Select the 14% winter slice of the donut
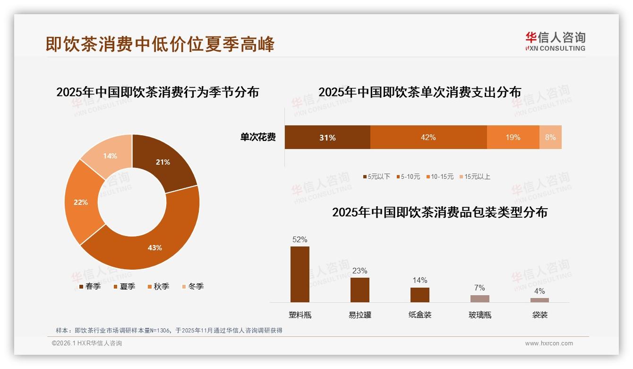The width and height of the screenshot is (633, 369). (110, 156)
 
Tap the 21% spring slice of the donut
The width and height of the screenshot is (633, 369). (163, 162)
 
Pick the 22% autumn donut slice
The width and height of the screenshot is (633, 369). (81, 202)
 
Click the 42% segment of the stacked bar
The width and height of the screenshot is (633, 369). (428, 137)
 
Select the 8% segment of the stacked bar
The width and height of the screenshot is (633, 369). (550, 137)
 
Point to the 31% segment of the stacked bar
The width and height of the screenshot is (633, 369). (327, 137)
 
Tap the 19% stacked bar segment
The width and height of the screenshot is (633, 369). (513, 137)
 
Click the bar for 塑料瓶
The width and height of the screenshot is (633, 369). (299, 274)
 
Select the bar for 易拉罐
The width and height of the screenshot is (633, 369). (359, 290)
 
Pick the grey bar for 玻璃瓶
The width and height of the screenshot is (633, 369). (479, 299)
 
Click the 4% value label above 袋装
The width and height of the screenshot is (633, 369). (539, 291)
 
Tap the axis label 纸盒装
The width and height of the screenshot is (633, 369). (419, 315)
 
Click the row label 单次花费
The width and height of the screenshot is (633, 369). (258, 137)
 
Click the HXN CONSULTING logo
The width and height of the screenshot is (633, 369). (555, 41)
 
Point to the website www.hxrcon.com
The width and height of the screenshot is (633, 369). (548, 343)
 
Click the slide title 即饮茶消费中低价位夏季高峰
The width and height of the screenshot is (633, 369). (160, 44)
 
